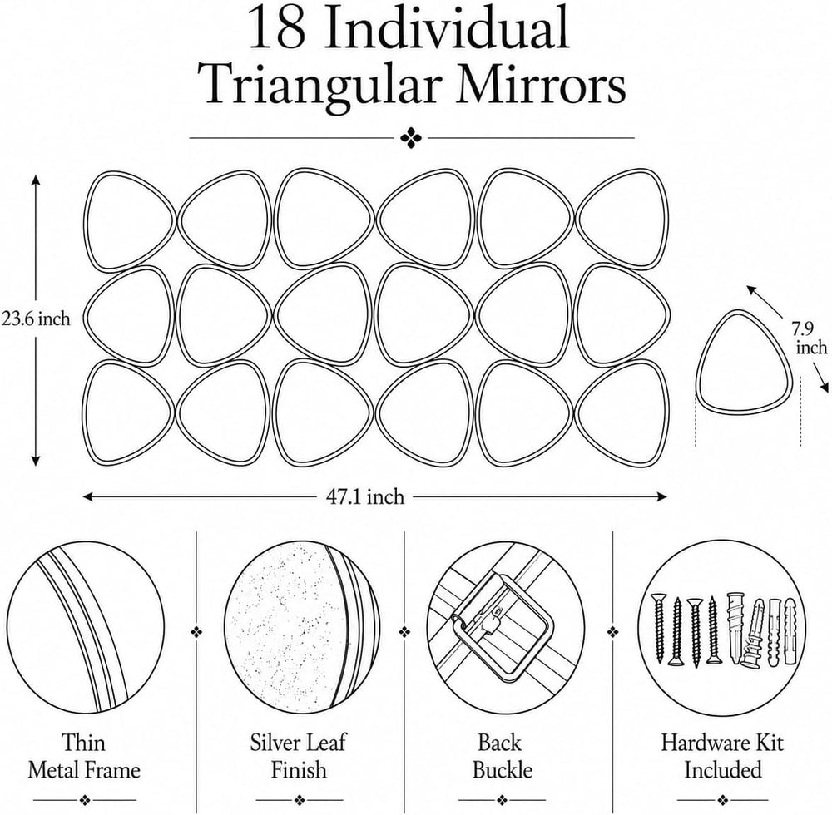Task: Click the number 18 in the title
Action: point(276,27)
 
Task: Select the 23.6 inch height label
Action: point(36,319)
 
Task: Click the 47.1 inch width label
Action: point(364,496)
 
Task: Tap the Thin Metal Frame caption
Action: point(84,756)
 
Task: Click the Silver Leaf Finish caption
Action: point(298,756)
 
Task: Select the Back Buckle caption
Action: point(502,756)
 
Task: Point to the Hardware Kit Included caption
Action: point(721,756)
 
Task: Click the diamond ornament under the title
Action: point(411,138)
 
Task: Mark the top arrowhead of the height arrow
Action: point(36,180)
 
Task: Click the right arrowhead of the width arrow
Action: point(662,496)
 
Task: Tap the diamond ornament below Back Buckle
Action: point(502,799)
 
